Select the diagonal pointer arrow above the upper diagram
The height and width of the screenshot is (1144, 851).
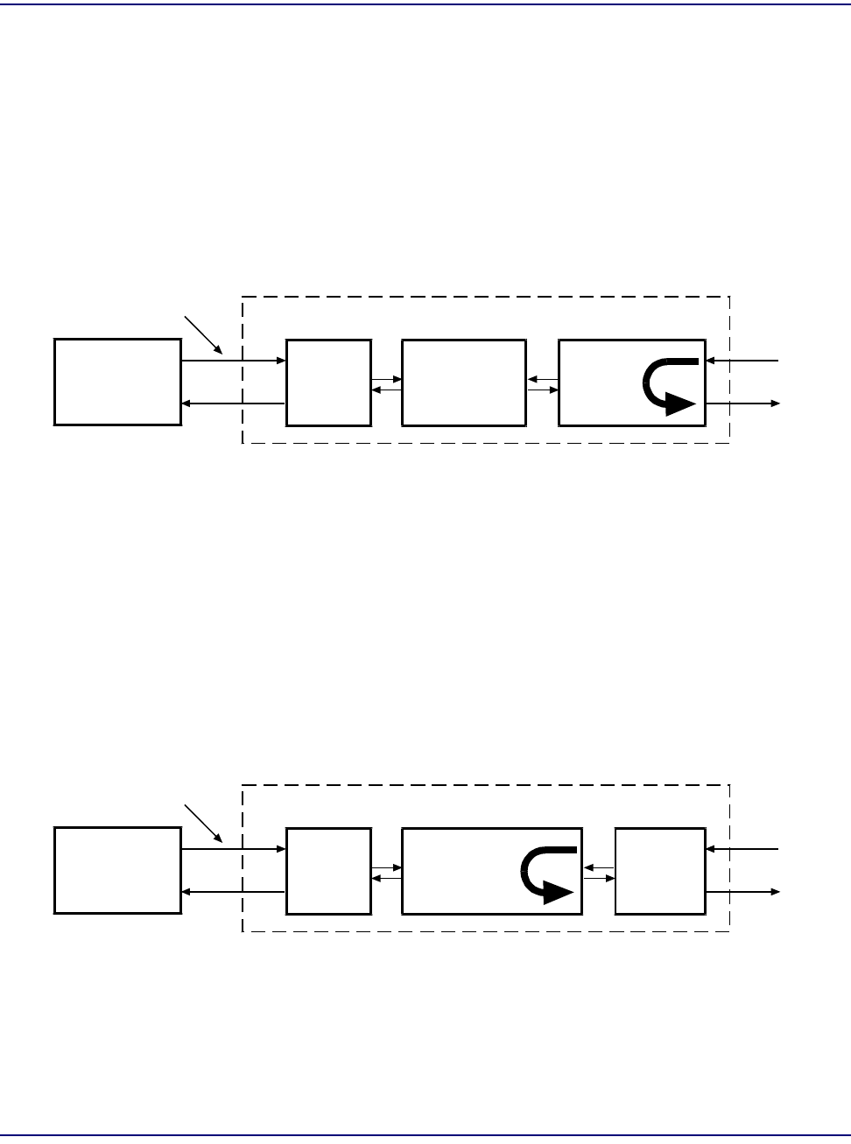pos(204,334)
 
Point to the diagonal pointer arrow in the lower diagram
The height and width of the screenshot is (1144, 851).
pos(204,824)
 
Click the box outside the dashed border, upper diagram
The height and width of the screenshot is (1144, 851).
pos(117,383)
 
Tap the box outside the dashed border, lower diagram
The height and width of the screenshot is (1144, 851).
pos(117,871)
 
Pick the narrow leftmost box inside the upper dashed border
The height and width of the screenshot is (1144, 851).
pos(328,383)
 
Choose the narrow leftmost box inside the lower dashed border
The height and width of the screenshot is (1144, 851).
pos(328,871)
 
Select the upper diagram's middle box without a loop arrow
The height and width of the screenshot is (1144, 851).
pos(464,383)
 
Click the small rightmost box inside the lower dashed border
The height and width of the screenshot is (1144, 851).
pos(660,871)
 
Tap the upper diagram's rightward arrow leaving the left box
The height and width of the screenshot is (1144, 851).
pos(234,361)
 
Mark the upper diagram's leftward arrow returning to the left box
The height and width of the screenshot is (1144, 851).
pos(234,404)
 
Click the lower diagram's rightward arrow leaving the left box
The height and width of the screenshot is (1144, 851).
pos(234,849)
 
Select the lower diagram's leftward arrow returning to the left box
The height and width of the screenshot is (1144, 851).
pos(234,892)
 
